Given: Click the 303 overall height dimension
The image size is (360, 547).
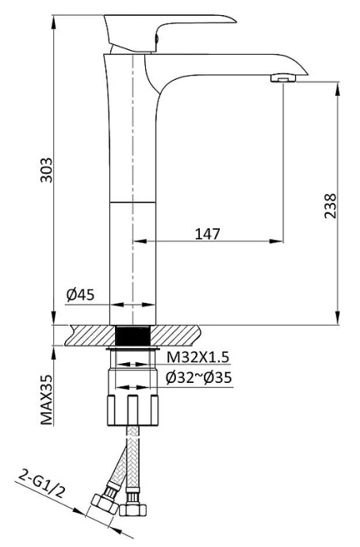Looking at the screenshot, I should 48,168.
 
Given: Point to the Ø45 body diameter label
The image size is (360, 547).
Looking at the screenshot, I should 80,295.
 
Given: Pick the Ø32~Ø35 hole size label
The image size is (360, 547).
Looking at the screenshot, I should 198,378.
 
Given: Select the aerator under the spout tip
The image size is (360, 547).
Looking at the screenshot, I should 281,78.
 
